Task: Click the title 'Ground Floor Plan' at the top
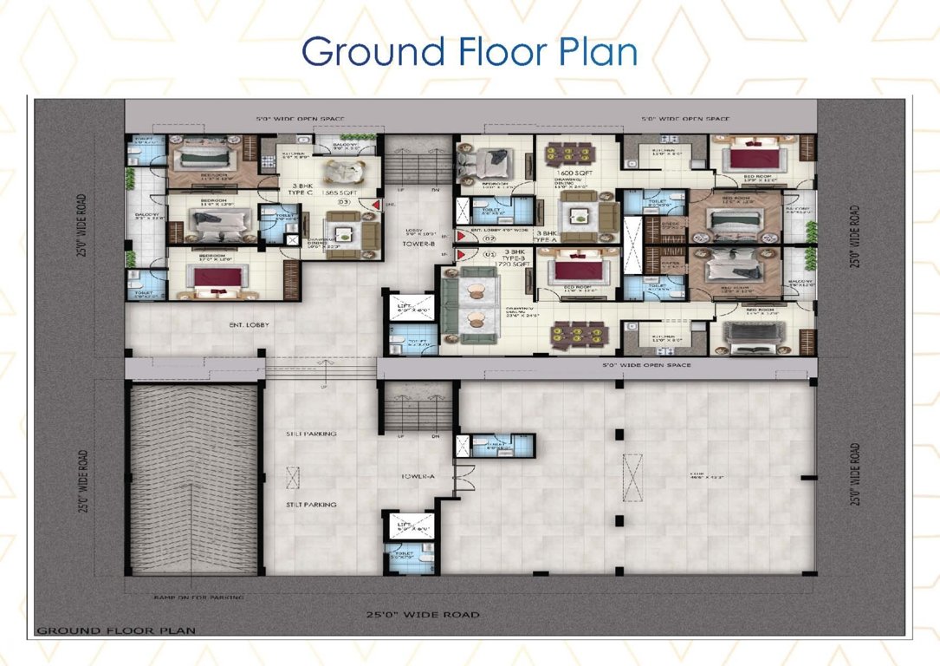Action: click(x=469, y=52)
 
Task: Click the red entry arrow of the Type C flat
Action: click(x=373, y=206)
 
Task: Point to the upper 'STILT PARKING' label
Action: click(x=310, y=434)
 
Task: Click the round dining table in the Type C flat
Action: click(x=330, y=170)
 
